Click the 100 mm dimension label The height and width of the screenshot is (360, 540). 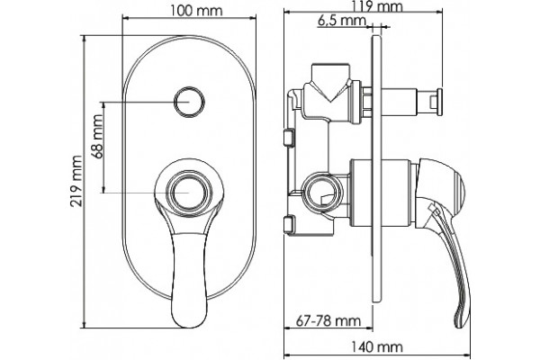click(196, 10)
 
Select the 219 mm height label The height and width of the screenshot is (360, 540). click(76, 181)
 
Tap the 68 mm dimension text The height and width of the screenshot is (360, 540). click(97, 137)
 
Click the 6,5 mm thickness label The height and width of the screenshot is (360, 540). click(341, 21)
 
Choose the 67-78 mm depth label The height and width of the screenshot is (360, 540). click(328, 320)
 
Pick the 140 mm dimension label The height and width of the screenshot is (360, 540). click(377, 346)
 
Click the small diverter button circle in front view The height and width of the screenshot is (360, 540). click(189, 102)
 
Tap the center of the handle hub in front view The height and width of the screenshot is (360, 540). click(188, 193)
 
